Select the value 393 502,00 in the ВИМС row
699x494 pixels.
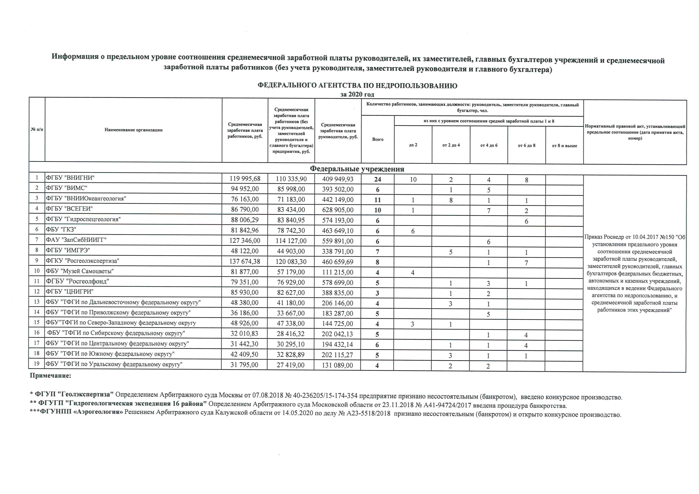click(x=338, y=189)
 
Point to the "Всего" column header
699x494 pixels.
click(x=378, y=139)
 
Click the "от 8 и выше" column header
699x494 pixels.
click(x=564, y=146)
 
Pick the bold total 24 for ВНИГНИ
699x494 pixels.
click(x=378, y=179)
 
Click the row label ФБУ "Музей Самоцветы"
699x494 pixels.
click(x=80, y=271)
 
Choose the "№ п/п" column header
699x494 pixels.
click(x=37, y=129)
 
